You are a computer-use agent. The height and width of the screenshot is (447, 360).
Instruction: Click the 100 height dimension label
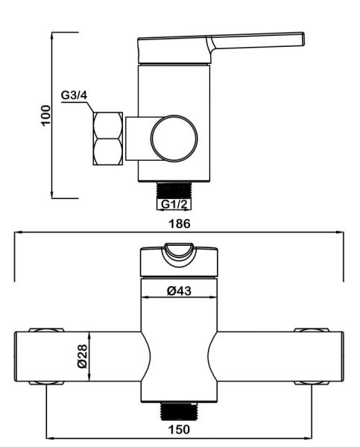(45, 115)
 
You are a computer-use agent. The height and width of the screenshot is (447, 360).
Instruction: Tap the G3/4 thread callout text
(74, 95)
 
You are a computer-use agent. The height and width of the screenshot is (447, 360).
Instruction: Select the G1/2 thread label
(174, 204)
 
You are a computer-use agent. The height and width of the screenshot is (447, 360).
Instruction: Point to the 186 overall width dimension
(180, 223)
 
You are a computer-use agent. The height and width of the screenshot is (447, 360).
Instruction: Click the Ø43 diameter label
(179, 291)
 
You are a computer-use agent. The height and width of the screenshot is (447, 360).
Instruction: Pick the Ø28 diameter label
(83, 356)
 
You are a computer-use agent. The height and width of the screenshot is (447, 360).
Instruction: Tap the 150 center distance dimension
(179, 429)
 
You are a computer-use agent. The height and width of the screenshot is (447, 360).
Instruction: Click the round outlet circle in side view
(174, 139)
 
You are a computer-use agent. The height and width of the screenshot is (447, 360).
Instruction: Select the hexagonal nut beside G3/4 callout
(108, 139)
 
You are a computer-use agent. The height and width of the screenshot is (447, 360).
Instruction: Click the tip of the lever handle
(303, 39)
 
